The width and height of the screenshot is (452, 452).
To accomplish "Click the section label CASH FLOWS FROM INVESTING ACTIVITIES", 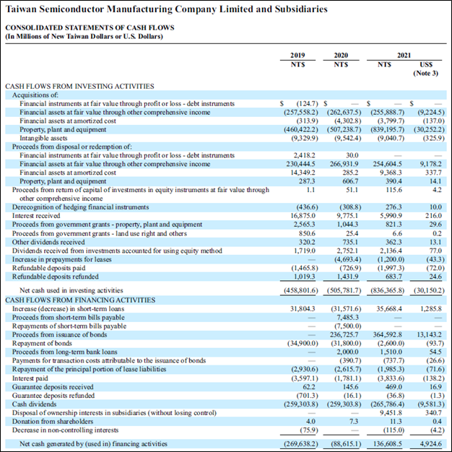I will point(69,86).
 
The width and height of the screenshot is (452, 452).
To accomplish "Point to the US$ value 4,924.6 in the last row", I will point(429,443).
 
